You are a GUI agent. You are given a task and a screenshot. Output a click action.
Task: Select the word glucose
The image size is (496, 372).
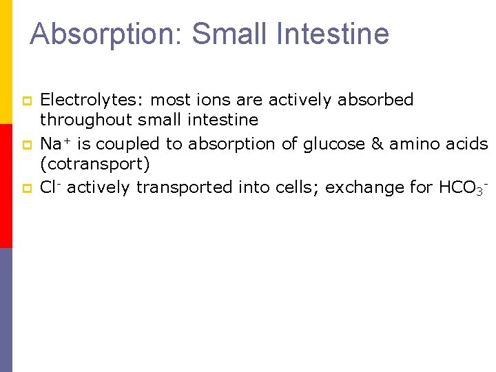336,144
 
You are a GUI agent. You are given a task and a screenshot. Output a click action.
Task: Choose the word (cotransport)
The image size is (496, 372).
94,165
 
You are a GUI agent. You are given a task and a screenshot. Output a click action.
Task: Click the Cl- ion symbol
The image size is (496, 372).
50,187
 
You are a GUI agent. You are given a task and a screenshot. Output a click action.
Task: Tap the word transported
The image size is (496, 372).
184,187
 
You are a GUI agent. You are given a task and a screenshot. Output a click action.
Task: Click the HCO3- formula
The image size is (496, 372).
462,187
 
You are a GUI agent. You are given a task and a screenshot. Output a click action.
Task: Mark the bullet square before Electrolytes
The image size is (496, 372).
28,101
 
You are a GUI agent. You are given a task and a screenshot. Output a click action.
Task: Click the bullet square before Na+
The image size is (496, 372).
28,145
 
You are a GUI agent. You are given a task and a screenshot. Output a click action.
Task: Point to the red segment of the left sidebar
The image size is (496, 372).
6,186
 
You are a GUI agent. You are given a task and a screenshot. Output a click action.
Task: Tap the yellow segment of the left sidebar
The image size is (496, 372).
6,62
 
